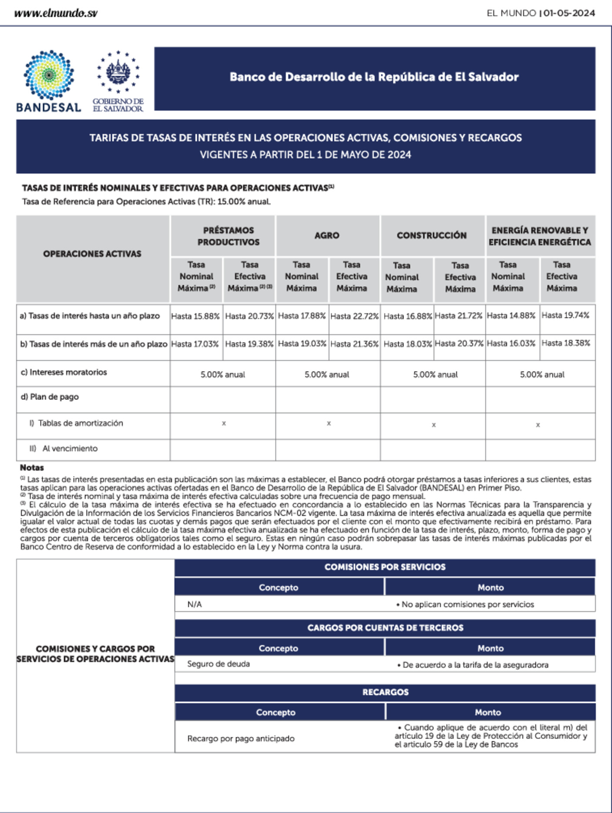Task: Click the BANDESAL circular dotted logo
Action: coord(49,75)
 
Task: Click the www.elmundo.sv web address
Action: coord(56,13)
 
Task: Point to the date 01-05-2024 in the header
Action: coord(569,13)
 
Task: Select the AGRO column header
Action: coord(327,235)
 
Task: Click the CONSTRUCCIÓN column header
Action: coord(431,235)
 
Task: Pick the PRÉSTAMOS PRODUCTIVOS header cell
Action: coord(229,236)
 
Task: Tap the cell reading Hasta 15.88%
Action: coord(195,316)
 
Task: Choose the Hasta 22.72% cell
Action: coord(354,316)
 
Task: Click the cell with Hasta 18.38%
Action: coord(565,343)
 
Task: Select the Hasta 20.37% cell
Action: coord(459,343)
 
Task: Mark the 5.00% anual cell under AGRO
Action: coord(327,374)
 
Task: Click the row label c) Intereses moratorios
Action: coord(64,372)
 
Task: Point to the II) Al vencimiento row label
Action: coord(64,449)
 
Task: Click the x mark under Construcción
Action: coord(434,425)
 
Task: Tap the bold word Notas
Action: coord(32,468)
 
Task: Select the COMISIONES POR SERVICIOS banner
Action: coord(385,567)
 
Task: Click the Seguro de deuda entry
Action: coord(219,664)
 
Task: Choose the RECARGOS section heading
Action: coord(385,692)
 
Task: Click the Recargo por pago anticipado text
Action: coord(241,739)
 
